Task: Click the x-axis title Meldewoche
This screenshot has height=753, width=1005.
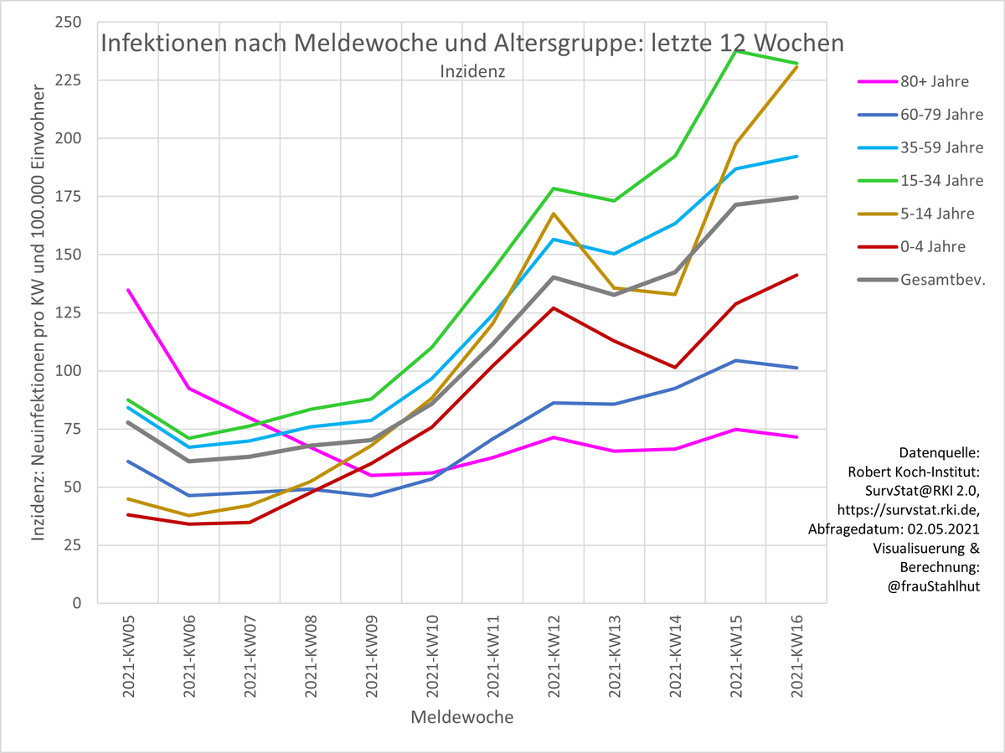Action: pyautogui.click(x=461, y=718)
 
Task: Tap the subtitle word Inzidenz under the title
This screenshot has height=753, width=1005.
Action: pyautogui.click(x=472, y=71)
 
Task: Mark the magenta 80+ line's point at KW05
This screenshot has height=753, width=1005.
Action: pyautogui.click(x=128, y=290)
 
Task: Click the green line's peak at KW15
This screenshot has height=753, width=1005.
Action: pyautogui.click(x=735, y=51)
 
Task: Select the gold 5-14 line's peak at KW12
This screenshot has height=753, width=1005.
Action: pyautogui.click(x=554, y=214)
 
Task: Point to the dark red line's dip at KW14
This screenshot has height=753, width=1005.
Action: pyautogui.click(x=675, y=367)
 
